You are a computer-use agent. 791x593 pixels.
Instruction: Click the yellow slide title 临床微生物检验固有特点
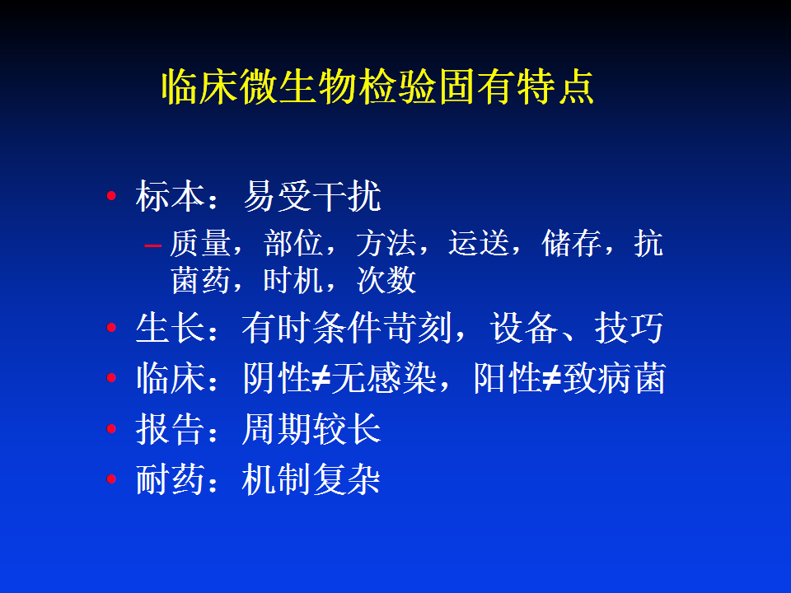(377, 86)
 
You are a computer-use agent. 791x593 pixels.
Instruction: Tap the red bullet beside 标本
(111, 196)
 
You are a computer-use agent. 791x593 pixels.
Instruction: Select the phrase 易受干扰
(311, 196)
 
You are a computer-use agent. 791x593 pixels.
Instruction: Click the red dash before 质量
(152, 245)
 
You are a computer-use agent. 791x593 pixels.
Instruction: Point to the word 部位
(293, 243)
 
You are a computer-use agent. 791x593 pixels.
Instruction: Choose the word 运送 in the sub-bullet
(478, 243)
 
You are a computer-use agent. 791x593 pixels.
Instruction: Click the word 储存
(571, 243)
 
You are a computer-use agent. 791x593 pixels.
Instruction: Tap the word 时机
(293, 280)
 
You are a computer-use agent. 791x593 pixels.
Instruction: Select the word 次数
(386, 280)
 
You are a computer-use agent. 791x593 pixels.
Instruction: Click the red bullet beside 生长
(111, 327)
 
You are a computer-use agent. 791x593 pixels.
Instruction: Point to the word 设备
(524, 328)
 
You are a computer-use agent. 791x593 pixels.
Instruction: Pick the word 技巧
(629, 328)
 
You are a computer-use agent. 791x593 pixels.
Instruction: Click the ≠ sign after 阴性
(321, 378)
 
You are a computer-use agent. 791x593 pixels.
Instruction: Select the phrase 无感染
(383, 378)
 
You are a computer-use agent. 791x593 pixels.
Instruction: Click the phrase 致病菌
(614, 378)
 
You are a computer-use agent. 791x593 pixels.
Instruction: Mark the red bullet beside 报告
(111, 428)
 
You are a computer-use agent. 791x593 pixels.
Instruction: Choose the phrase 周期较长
(311, 429)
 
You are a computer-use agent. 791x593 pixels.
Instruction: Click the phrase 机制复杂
(311, 479)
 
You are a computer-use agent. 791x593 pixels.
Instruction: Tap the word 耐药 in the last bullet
(170, 479)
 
